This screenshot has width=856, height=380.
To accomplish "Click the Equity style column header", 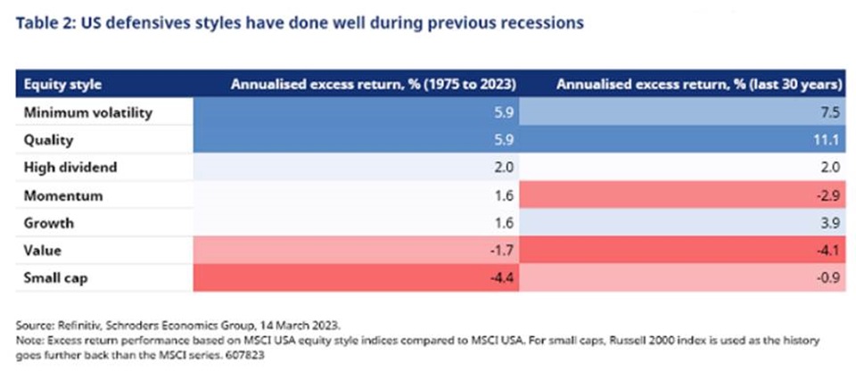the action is pos(62,85).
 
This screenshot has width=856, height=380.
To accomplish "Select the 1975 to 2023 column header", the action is pos(374,85).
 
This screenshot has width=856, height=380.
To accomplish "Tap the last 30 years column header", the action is pos(697,85).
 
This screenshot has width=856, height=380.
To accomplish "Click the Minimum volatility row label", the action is pos(88,113).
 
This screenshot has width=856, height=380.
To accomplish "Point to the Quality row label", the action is pos(48,140).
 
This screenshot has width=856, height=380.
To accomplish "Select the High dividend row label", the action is pos(70,167).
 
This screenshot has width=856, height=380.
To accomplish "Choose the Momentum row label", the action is pos(62,195).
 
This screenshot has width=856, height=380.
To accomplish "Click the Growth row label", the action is pos(48,223).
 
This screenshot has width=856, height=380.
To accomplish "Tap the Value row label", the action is pos(42,251).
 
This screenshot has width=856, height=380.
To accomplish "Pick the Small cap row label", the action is pos(55,278).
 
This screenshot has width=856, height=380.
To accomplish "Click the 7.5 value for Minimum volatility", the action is pos(831,113).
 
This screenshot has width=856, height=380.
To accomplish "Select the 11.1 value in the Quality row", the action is pos(828,140).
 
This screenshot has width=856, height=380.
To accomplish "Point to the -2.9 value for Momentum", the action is pos(829,195).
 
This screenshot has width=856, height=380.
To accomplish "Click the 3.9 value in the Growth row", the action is pos(831,223).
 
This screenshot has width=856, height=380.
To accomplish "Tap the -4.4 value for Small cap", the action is pos(502,278).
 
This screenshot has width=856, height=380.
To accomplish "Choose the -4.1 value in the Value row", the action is pos(829,251).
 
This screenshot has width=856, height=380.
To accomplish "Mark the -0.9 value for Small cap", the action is pos(829,278).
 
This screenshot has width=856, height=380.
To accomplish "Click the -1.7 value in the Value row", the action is pos(502,251).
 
